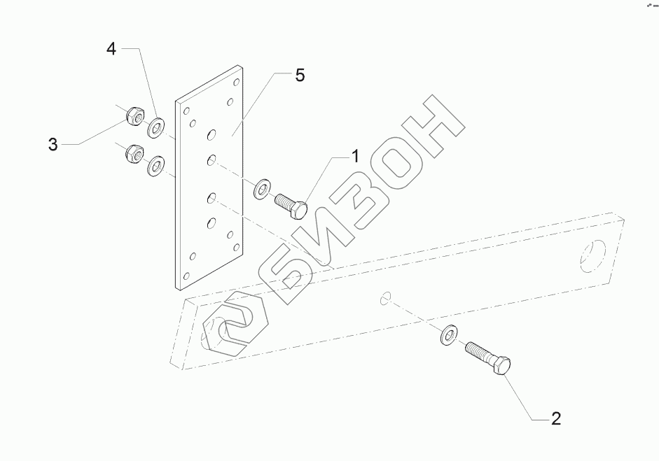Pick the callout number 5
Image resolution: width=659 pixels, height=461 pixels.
pyautogui.click(x=300, y=76)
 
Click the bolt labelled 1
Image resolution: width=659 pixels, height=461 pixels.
pyautogui.click(x=290, y=206)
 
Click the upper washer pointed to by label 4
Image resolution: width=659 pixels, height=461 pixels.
pyautogui.click(x=156, y=127)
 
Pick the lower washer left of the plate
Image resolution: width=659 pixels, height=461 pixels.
pyautogui.click(x=155, y=167)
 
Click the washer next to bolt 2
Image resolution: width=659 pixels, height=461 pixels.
pyautogui.click(x=448, y=335)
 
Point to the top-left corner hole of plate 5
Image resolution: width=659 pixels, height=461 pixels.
pyautogui.click(x=186, y=110)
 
